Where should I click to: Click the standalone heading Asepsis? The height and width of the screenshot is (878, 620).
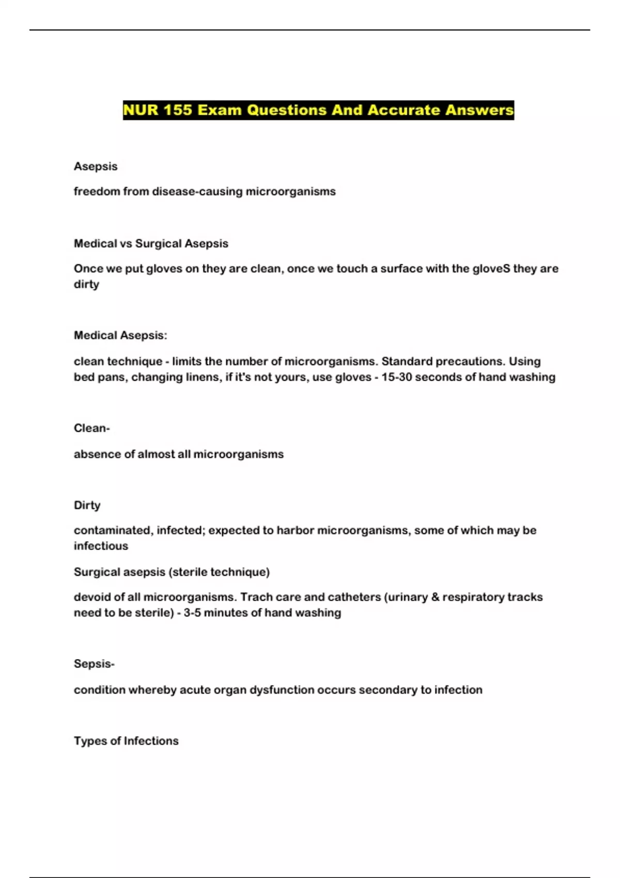click(96, 166)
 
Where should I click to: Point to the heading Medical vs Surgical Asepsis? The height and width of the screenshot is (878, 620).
click(151, 244)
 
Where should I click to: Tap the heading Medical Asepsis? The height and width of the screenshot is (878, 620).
click(120, 336)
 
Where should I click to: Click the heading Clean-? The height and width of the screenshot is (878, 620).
click(91, 428)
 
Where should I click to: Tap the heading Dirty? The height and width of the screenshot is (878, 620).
click(87, 505)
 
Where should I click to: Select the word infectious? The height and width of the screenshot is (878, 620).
click(101, 546)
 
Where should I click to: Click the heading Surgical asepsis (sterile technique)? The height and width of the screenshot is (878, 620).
click(172, 572)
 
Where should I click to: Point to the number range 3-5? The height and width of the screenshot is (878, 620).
click(192, 613)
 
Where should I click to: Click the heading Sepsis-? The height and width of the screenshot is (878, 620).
click(94, 664)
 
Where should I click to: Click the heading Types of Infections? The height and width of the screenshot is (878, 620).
click(126, 741)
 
